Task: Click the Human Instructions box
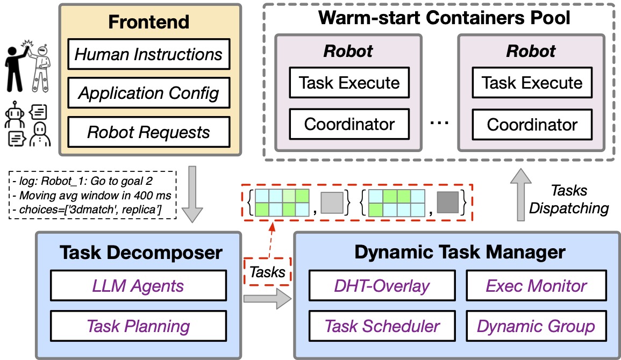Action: [x=148, y=55]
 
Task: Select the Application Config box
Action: [x=148, y=93]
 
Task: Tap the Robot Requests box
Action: [x=148, y=132]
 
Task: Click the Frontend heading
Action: [x=148, y=22]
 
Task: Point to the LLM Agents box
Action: [x=138, y=286]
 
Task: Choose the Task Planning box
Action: [x=138, y=326]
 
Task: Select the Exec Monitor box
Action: [x=536, y=286]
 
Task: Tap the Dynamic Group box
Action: [x=536, y=326]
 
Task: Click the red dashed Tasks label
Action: [x=267, y=271]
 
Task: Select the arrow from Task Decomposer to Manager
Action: [x=267, y=299]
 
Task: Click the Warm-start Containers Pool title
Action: [x=444, y=18]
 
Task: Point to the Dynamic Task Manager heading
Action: [x=457, y=251]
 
